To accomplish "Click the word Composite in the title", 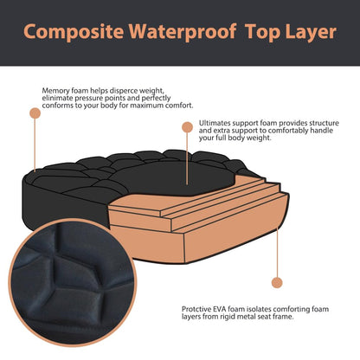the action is click(x=74, y=32).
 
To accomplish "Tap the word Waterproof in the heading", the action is click(x=183, y=32).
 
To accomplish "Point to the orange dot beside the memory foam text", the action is click(x=35, y=113).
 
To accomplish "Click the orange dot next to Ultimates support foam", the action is click(x=187, y=127).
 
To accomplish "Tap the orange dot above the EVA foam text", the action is click(x=277, y=282).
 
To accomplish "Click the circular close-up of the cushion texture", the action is click(x=73, y=282).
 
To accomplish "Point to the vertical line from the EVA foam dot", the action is click(x=277, y=253).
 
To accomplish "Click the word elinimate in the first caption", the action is click(x=57, y=98).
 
